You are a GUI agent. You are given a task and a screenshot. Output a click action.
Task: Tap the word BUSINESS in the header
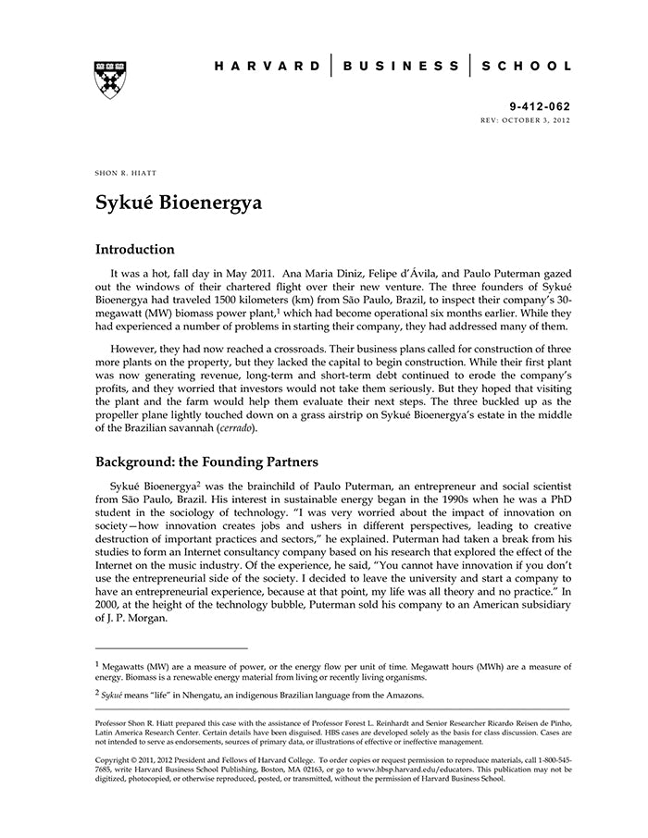[401, 67]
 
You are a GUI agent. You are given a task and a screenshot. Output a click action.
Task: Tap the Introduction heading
[135, 250]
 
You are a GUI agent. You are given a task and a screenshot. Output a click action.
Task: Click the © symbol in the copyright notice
[134, 758]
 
